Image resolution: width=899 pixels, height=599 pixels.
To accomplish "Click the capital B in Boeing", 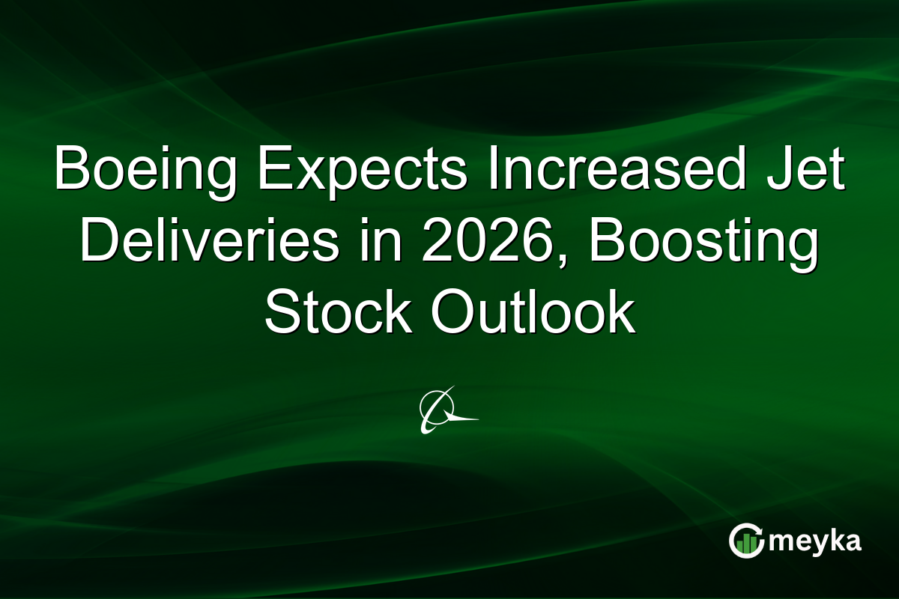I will (69, 171).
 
